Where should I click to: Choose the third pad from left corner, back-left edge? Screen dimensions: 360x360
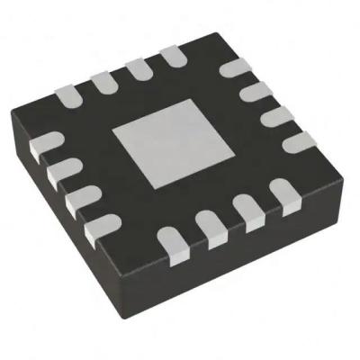point(137,69)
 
